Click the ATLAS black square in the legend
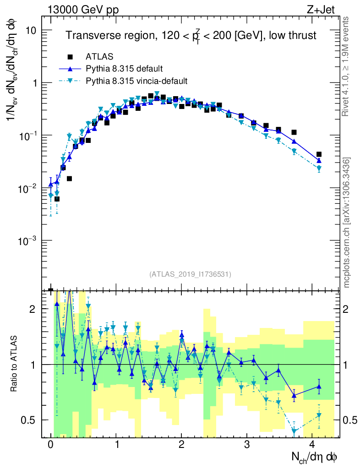click(70, 57)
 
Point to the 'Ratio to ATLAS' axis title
click(14, 364)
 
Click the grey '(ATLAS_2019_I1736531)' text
click(190, 274)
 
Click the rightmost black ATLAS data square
click(319, 154)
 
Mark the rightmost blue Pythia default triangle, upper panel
click(319, 160)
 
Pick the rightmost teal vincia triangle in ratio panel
click(319, 415)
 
